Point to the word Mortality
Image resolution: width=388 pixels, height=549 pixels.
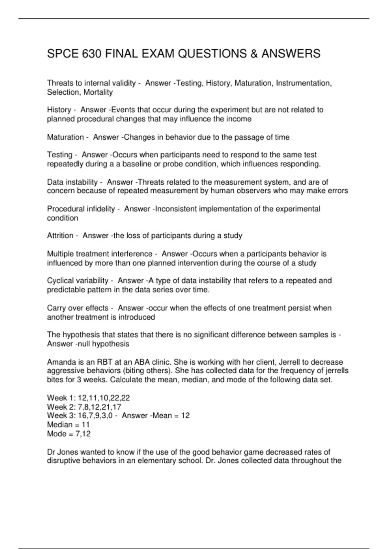pos(98,92)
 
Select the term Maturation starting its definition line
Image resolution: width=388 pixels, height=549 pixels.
pos(65,137)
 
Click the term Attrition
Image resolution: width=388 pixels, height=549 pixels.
pos(60,236)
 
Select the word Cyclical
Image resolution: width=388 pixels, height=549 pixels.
pos(60,281)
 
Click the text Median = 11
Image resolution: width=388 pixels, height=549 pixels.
pos(68,425)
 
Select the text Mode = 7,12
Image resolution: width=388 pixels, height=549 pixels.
pos(69,434)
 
